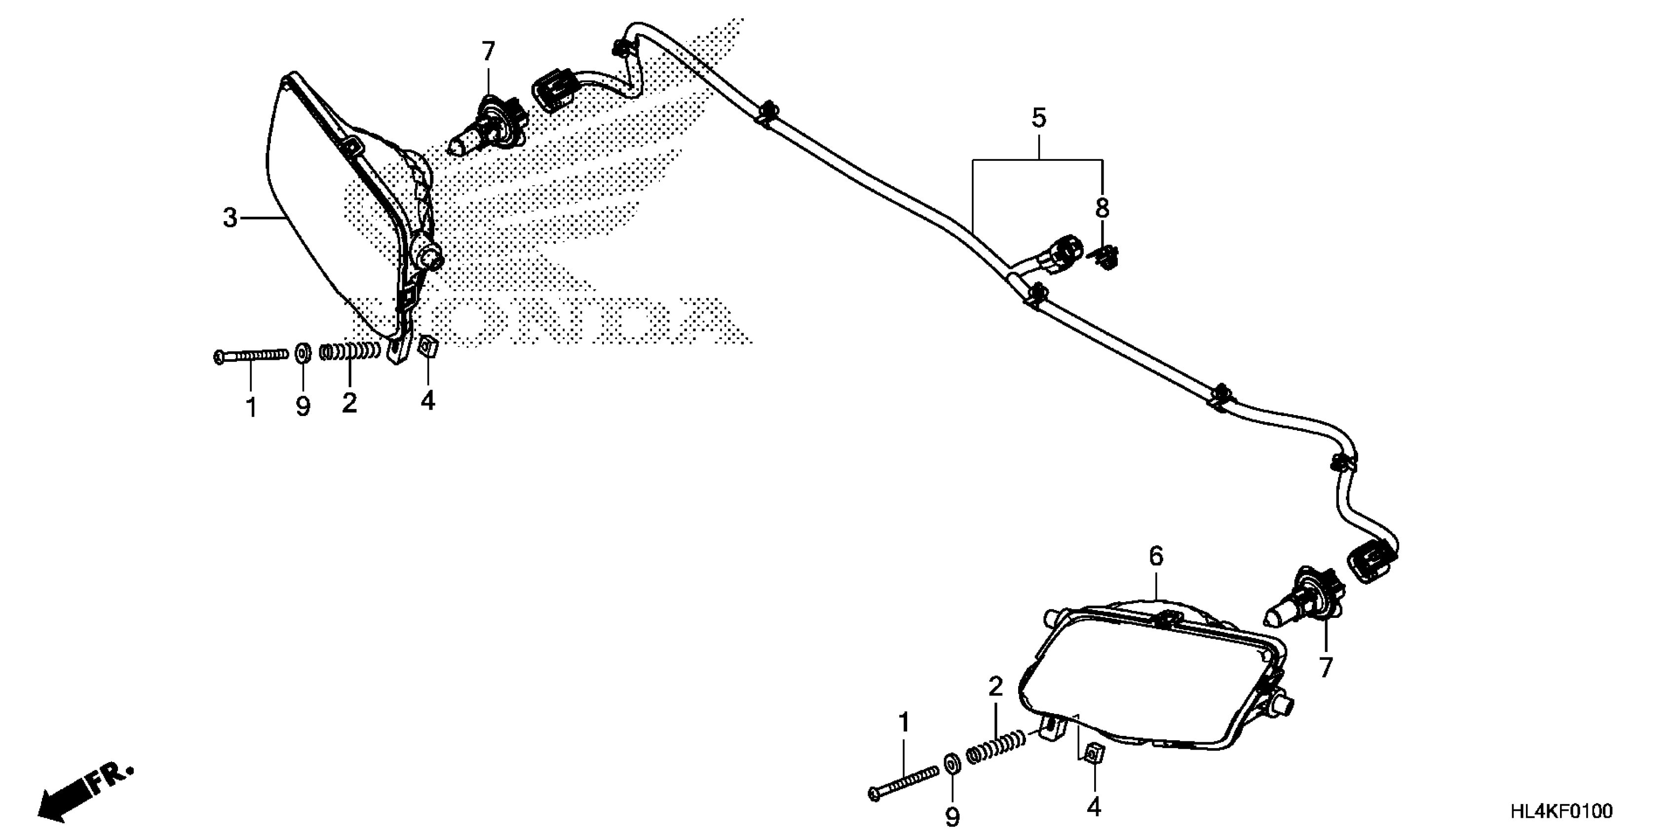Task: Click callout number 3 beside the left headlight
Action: [x=230, y=218]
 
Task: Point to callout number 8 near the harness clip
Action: [x=1102, y=208]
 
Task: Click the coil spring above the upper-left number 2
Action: [x=350, y=352]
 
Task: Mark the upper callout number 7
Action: [x=488, y=51]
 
